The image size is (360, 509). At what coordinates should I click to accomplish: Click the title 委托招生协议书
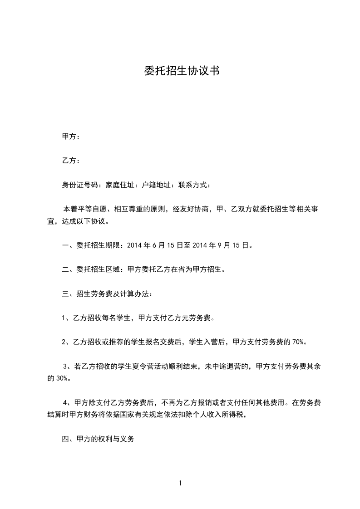pyautogui.click(x=182, y=71)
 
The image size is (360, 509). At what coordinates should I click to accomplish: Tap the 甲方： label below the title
pyautogui.click(x=71, y=136)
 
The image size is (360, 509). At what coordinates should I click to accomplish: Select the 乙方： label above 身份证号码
pyautogui.click(x=71, y=161)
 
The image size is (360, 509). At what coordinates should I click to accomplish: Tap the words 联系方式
pyautogui.click(x=194, y=185)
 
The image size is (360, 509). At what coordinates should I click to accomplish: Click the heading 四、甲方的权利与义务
pyautogui.click(x=99, y=439)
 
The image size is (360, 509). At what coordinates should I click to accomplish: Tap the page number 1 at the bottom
pyautogui.click(x=180, y=483)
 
